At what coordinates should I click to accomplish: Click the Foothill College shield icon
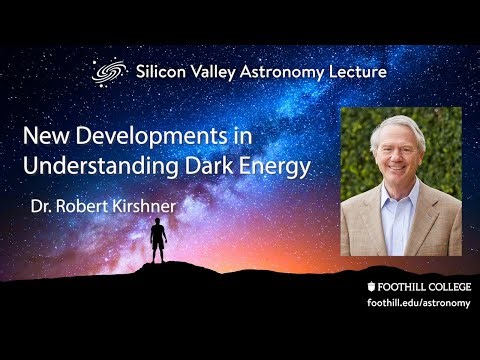point(373,284)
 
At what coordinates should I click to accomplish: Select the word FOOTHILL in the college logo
point(402,284)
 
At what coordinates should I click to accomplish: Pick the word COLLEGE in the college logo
point(446,284)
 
